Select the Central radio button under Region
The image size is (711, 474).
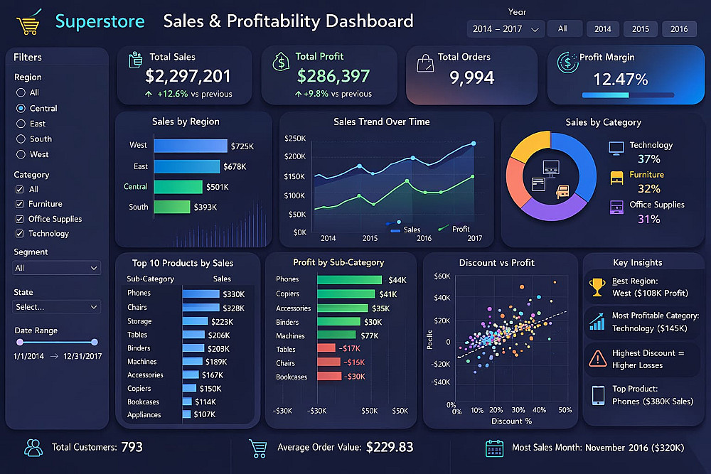pyautogui.click(x=21, y=108)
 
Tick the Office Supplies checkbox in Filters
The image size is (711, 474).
pyautogui.click(x=19, y=219)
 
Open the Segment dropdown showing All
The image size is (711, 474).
pyautogui.click(x=57, y=268)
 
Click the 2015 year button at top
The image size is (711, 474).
pyautogui.click(x=641, y=29)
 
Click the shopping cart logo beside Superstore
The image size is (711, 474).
pyautogui.click(x=29, y=22)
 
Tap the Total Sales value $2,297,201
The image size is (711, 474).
pyautogui.click(x=188, y=76)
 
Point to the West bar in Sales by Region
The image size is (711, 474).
pyautogui.click(x=191, y=146)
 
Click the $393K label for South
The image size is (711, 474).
pyautogui.click(x=205, y=207)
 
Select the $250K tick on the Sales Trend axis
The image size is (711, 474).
pyautogui.click(x=295, y=138)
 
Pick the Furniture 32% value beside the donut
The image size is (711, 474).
pyautogui.click(x=649, y=188)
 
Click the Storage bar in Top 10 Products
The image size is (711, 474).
pyautogui.click(x=195, y=321)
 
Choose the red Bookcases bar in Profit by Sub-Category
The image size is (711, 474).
pyautogui.click(x=329, y=376)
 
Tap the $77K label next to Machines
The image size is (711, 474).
pyautogui.click(x=370, y=336)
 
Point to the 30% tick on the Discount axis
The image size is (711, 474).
pyautogui.click(x=518, y=409)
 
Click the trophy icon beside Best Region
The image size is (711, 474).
pyautogui.click(x=597, y=287)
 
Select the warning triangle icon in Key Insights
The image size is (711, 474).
pyautogui.click(x=598, y=358)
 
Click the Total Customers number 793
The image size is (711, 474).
pyautogui.click(x=132, y=447)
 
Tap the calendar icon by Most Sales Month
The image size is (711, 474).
pyautogui.click(x=494, y=448)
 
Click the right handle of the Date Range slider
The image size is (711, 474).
pyautogui.click(x=95, y=342)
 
